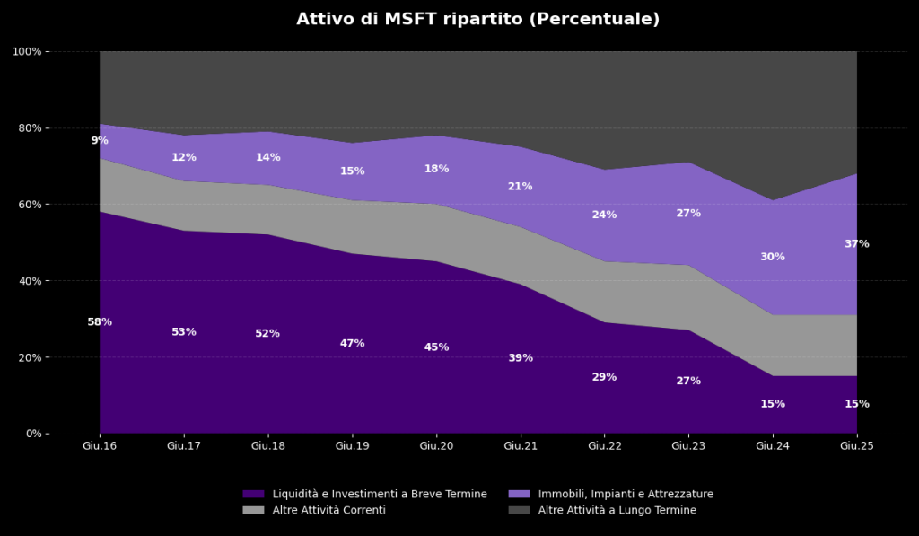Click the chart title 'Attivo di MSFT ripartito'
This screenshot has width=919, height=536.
click(x=477, y=19)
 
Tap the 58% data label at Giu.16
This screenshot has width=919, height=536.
click(x=100, y=322)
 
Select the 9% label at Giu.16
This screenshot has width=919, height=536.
click(x=100, y=141)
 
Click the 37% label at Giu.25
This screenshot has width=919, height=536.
click(x=856, y=244)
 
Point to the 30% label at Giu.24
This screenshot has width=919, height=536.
click(x=772, y=257)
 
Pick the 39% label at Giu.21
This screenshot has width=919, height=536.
click(x=520, y=358)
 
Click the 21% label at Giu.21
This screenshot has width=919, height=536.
click(x=520, y=187)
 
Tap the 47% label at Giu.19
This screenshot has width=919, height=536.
click(x=352, y=344)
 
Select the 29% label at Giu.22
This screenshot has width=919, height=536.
click(x=604, y=377)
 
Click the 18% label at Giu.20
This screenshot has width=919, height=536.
click(x=436, y=169)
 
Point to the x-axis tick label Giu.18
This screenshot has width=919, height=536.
click(x=267, y=445)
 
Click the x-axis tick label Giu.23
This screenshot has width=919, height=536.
click(x=688, y=445)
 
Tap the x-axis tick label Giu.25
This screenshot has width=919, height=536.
click(x=856, y=445)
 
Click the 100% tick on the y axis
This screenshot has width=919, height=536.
click(x=27, y=51)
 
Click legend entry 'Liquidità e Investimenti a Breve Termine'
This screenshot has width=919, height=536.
click(x=380, y=494)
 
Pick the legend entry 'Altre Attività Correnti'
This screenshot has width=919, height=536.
click(x=328, y=510)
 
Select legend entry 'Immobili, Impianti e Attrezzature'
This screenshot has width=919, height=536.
click(x=626, y=494)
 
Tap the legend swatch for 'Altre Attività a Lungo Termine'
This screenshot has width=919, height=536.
click(x=519, y=510)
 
